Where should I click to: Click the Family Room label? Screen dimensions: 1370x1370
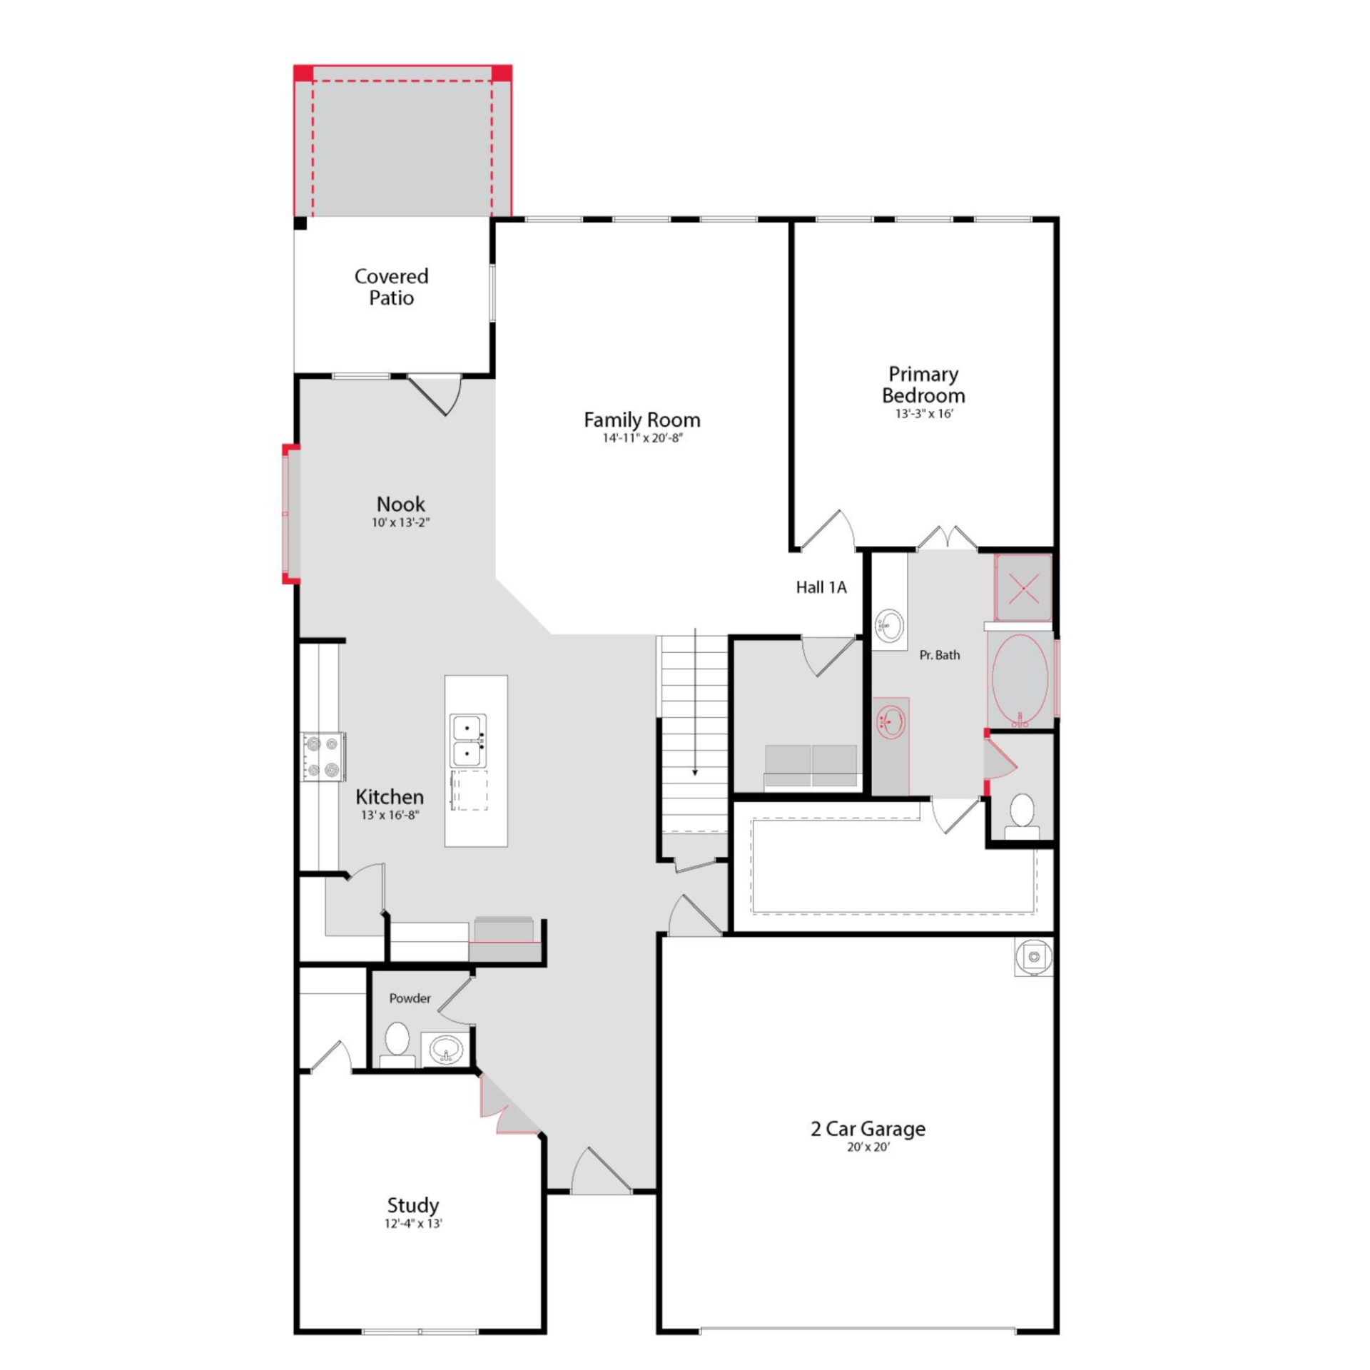(x=641, y=420)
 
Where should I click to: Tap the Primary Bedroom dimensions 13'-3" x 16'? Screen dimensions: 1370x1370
(x=924, y=414)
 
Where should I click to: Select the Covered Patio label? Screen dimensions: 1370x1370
(x=391, y=287)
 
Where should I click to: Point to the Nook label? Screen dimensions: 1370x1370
(x=400, y=504)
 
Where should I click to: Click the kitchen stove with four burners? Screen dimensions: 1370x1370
(x=323, y=756)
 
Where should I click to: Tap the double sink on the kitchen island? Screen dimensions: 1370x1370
(x=468, y=740)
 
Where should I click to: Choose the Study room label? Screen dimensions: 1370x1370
(x=412, y=1205)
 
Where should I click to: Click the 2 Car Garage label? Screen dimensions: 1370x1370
(x=868, y=1129)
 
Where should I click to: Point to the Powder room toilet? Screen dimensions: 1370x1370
(x=397, y=1044)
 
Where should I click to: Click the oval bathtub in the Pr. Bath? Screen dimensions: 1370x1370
(x=1020, y=679)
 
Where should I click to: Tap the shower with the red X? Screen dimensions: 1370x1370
(x=1023, y=588)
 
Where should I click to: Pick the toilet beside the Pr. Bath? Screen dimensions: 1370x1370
(x=1022, y=816)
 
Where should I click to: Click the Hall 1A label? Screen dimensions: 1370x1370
(x=821, y=587)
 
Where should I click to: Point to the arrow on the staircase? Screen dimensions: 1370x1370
(x=695, y=702)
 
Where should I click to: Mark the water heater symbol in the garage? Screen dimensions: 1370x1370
(x=1034, y=957)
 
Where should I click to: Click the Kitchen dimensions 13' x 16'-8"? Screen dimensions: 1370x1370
(x=390, y=815)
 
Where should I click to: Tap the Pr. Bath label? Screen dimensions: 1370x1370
(x=940, y=655)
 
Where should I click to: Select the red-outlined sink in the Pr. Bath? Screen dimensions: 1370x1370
(x=891, y=722)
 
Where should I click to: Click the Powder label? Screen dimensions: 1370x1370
(x=410, y=998)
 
